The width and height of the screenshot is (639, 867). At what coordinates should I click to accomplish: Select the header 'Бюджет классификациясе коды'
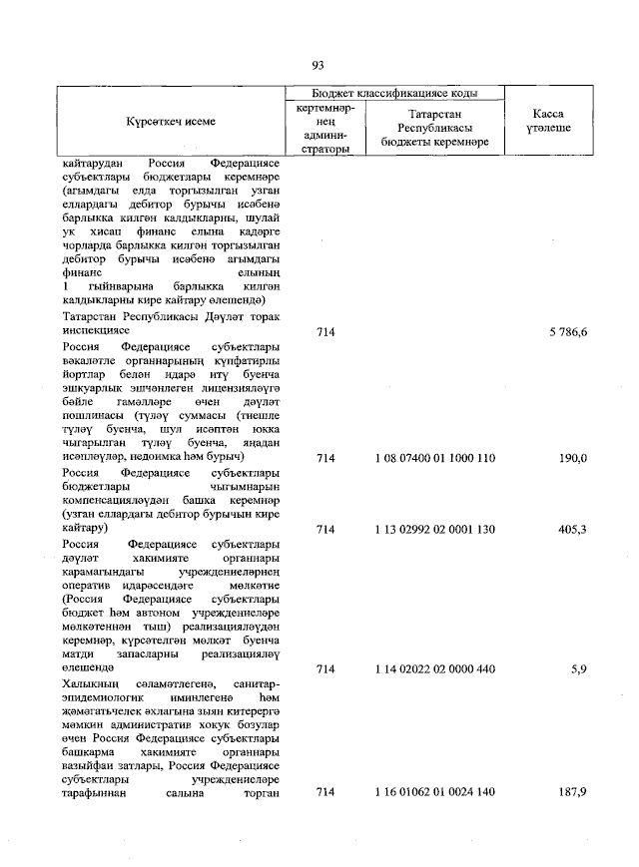392,93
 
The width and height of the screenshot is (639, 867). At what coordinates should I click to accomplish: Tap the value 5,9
578,669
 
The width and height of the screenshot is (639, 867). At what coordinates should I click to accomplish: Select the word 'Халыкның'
91,681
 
